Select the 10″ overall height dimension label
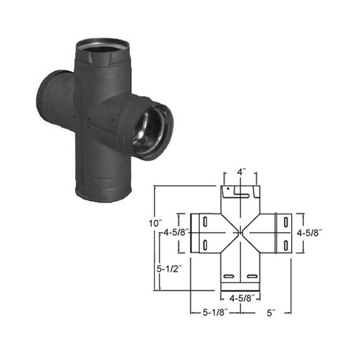[157, 222]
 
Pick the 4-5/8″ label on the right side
[310, 232]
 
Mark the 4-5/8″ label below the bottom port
[240, 297]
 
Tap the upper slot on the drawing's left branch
[205, 222]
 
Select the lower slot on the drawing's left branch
[205, 244]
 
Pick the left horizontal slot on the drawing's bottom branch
[230, 278]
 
